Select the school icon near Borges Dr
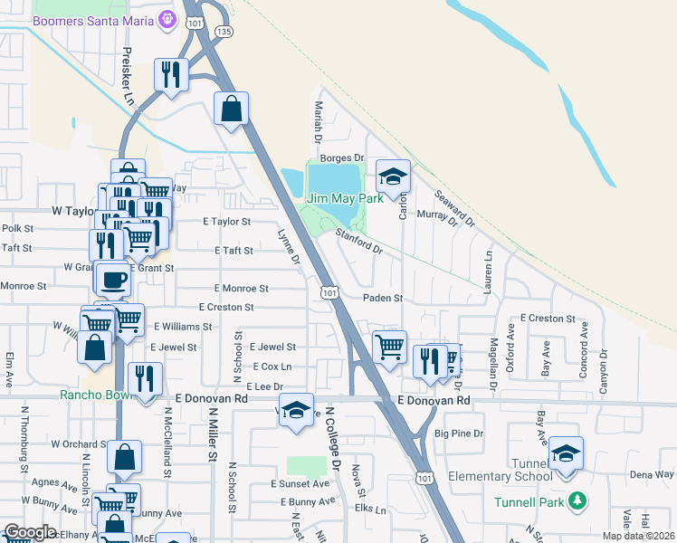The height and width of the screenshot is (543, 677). click(394, 175)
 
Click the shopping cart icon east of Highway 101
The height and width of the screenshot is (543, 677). click(389, 346)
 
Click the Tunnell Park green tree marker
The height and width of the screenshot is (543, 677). click(577, 500)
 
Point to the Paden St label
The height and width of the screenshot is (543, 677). click(383, 298)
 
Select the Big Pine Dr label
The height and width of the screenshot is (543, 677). click(460, 433)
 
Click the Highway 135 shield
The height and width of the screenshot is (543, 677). click(224, 31)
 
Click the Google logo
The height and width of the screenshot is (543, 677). click(30, 532)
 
